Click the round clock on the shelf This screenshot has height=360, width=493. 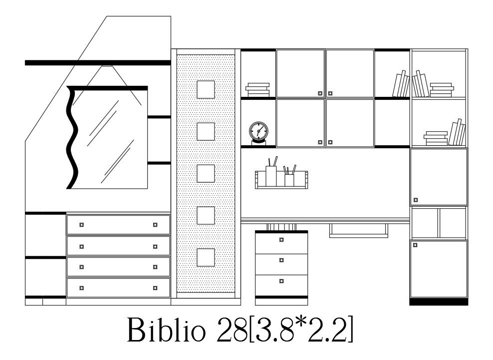[258, 132]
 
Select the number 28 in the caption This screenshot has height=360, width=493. [231, 330]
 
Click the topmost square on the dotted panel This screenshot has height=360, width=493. [206, 90]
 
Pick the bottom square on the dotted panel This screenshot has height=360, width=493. [206, 258]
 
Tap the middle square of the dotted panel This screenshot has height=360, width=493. [206, 174]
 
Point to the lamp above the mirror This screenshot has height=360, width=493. [107, 66]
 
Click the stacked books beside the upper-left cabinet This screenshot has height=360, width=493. [257, 89]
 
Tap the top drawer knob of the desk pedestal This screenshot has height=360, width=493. [281, 240]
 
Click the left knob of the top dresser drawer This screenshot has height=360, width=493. [82, 225]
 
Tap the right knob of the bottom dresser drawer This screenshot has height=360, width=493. [155, 288]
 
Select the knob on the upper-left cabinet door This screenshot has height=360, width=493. [320, 93]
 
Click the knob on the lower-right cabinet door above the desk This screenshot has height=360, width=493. [330, 142]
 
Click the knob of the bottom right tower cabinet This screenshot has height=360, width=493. [415, 245]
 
